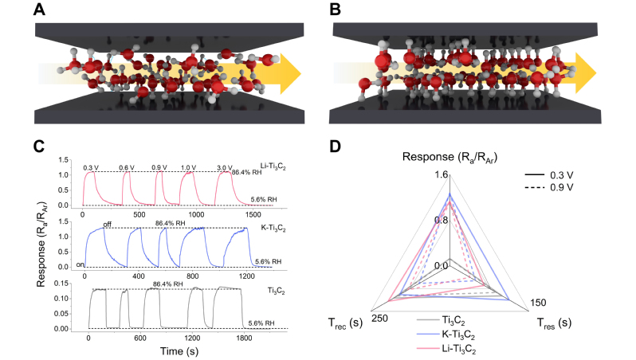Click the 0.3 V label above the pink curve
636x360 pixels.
(x=91, y=167)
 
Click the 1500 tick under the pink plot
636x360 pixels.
(x=253, y=215)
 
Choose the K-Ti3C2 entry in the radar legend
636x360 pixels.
(x=461, y=335)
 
